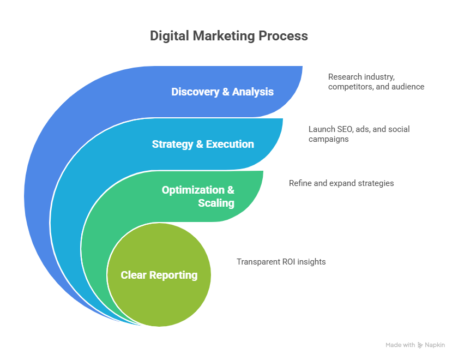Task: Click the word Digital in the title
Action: [x=170, y=36]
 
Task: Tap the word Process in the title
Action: [x=283, y=36]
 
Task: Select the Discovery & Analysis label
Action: [x=222, y=92]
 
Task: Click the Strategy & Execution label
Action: [x=203, y=145]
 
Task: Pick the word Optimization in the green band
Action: [x=193, y=190]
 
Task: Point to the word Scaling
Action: [x=216, y=203]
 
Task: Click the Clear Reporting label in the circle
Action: [x=159, y=275]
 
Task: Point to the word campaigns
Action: [x=329, y=139]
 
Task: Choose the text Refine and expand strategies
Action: [x=341, y=183]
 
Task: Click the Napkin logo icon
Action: [x=420, y=345]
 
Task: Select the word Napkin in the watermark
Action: [x=435, y=345]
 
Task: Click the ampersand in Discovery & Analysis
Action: [x=226, y=92]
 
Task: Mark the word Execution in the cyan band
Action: [x=230, y=145]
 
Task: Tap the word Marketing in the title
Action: [x=224, y=36]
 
